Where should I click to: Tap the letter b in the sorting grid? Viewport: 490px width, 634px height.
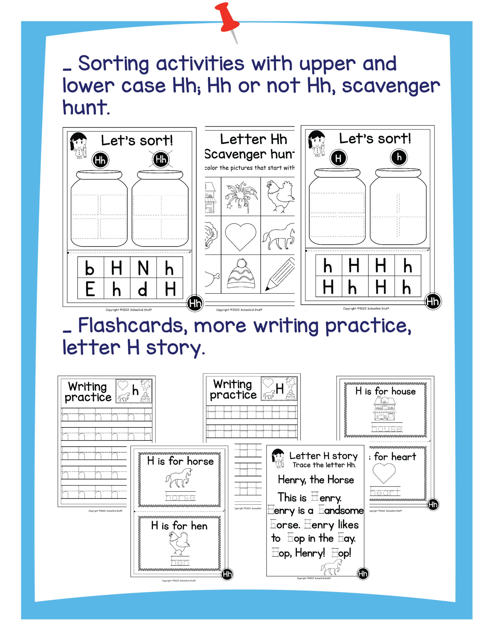(x=90, y=268)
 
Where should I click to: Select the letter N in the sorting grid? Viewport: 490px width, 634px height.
(x=143, y=268)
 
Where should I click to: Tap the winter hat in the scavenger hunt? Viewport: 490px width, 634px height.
(x=241, y=274)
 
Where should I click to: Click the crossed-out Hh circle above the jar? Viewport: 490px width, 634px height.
(x=161, y=159)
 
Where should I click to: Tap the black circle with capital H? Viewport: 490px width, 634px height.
(x=338, y=158)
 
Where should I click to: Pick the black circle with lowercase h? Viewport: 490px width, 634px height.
(x=399, y=157)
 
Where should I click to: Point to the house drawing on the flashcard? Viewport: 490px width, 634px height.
(x=384, y=409)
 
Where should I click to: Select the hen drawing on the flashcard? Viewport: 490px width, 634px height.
(x=179, y=544)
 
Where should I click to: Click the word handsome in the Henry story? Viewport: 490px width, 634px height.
(x=341, y=510)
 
